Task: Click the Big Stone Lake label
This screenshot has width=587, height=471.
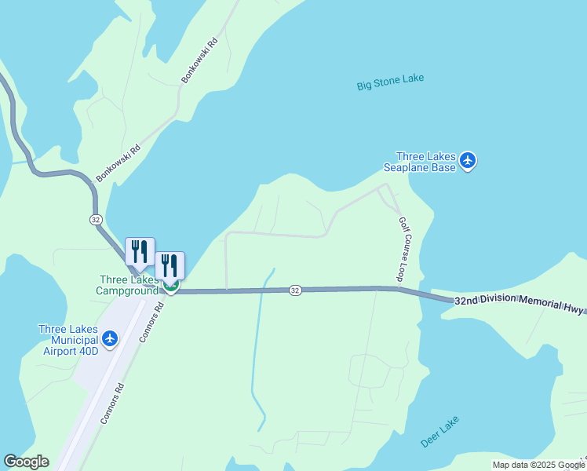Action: click(390, 82)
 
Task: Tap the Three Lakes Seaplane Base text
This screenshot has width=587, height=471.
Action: click(420, 162)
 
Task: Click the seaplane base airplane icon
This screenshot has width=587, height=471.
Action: click(468, 161)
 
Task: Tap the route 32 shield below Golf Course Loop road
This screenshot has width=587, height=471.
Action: click(294, 290)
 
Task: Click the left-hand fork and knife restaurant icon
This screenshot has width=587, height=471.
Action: click(140, 251)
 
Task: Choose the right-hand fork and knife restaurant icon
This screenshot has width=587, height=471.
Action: click(170, 265)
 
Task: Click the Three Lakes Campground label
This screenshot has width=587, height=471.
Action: click(129, 285)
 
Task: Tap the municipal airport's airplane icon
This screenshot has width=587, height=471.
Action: click(110, 338)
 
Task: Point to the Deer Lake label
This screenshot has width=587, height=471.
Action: click(439, 433)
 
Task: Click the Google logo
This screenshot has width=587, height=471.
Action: click(26, 462)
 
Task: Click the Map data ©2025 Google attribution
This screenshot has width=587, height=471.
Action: click(538, 465)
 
